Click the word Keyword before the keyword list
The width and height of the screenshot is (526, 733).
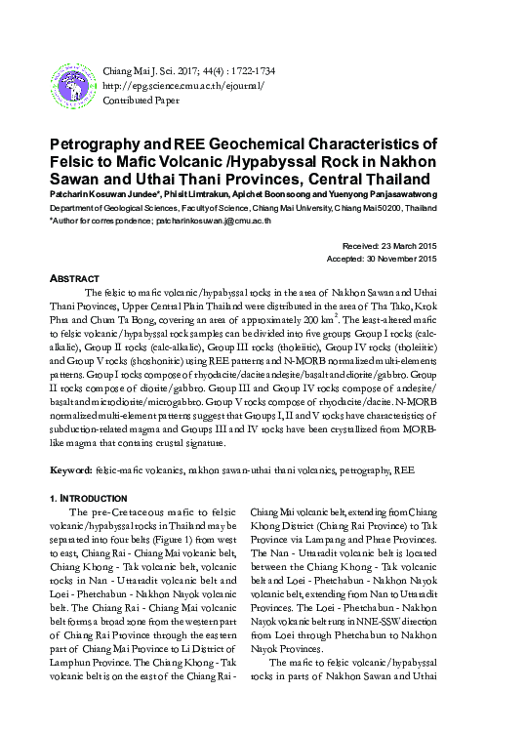pyautogui.click(x=70, y=470)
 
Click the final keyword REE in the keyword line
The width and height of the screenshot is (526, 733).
pyautogui.click(x=403, y=470)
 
